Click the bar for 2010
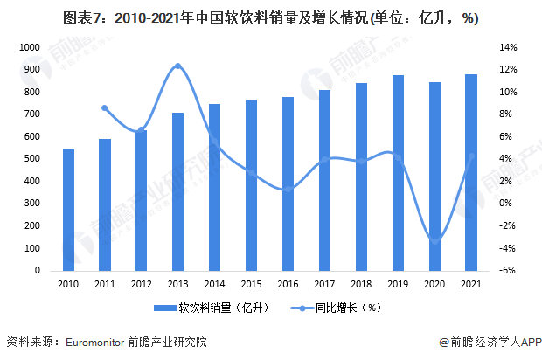point(69,210)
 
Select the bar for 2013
point(177,191)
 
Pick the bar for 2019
point(398,172)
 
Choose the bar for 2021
point(471,172)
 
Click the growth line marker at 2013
point(177,66)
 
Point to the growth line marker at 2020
point(434,240)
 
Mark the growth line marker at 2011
point(105,108)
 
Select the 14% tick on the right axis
point(510,47)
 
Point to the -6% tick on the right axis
point(510,271)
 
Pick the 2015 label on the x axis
point(251,284)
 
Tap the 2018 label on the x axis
point(361,284)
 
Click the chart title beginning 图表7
point(270,17)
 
